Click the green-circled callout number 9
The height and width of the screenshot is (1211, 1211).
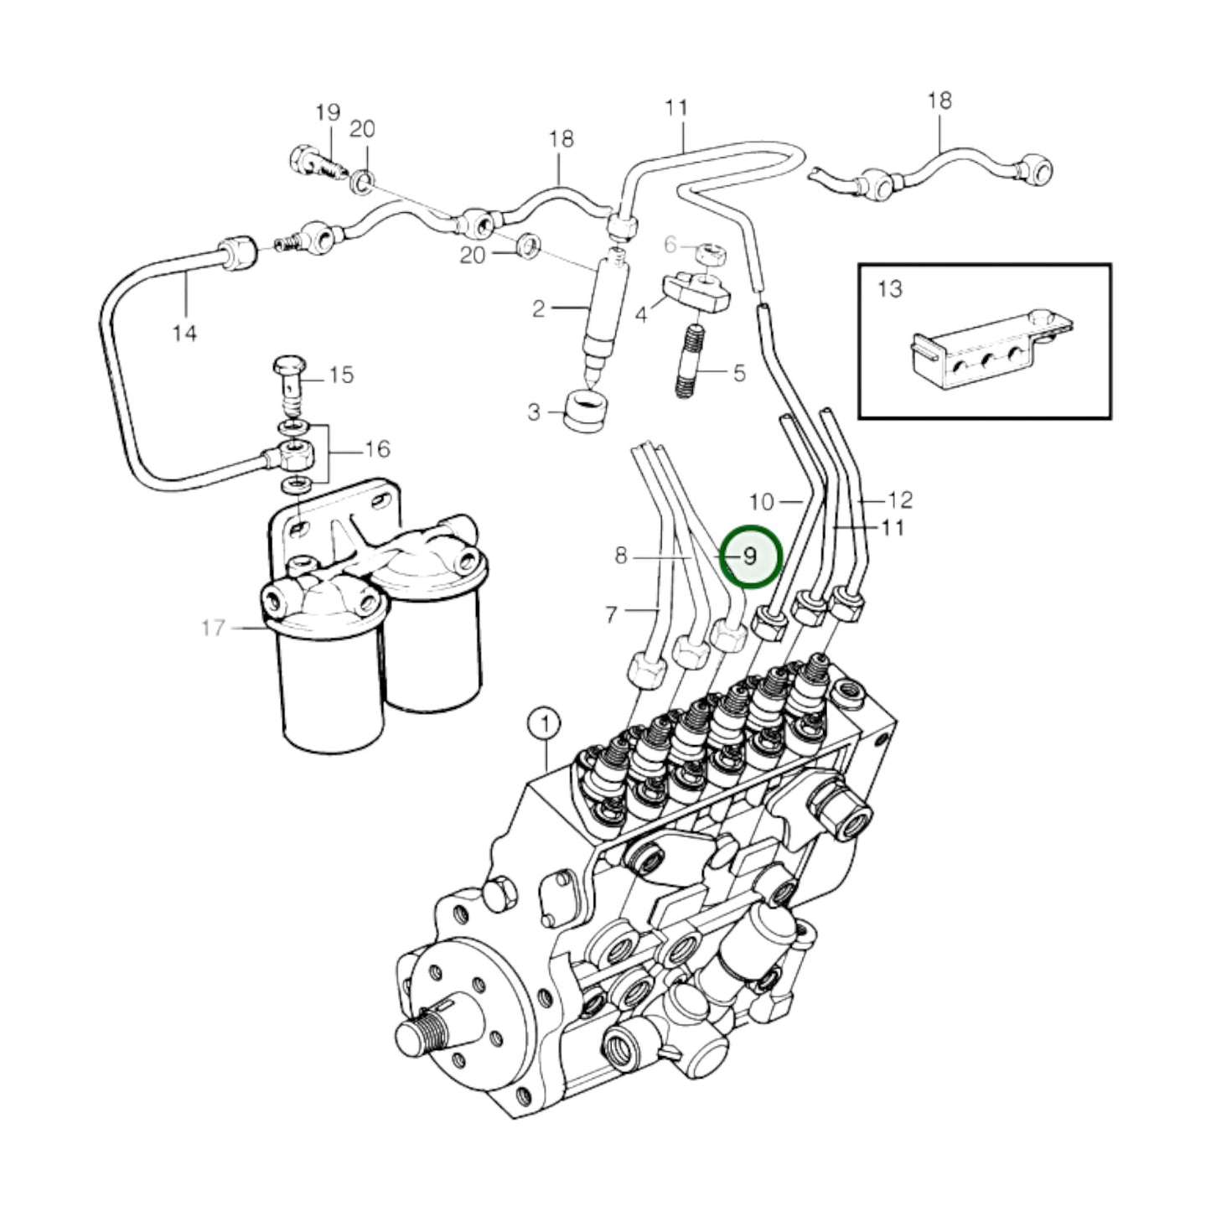pyautogui.click(x=751, y=556)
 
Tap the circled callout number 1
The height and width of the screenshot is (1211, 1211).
pyautogui.click(x=545, y=723)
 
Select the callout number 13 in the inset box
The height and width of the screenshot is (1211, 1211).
pyautogui.click(x=889, y=289)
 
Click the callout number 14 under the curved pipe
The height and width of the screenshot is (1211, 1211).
pyautogui.click(x=184, y=334)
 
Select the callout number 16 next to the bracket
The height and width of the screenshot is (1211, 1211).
pyautogui.click(x=377, y=449)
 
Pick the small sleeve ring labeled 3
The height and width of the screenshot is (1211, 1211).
pyautogui.click(x=586, y=411)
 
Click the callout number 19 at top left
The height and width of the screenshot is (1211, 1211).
pyautogui.click(x=328, y=112)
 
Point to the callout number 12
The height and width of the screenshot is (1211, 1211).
pyautogui.click(x=899, y=500)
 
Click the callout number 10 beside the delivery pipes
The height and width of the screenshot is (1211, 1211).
pyautogui.click(x=761, y=502)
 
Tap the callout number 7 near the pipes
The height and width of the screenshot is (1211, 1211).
pyautogui.click(x=611, y=616)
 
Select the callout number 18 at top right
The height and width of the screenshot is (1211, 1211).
pyautogui.click(x=939, y=101)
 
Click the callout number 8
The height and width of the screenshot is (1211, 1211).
pyautogui.click(x=620, y=556)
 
